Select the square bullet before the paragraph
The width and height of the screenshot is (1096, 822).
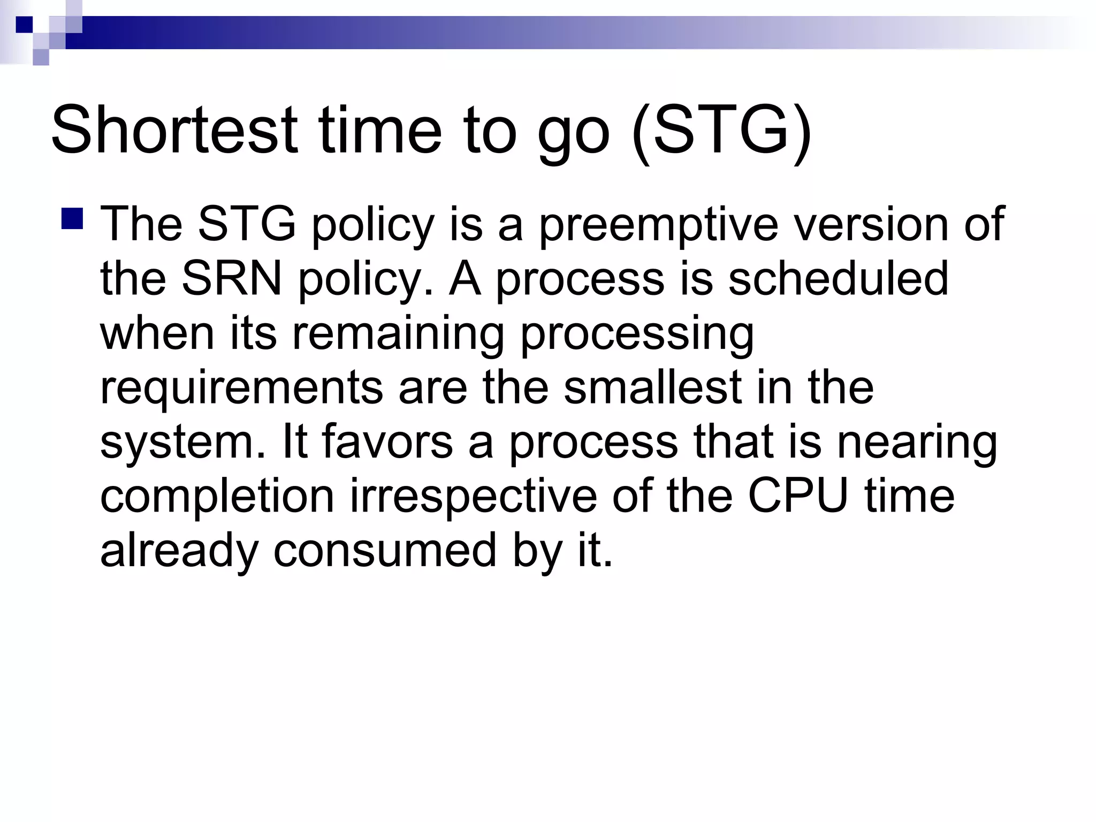[72, 219]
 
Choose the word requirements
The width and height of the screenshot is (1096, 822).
[241, 389]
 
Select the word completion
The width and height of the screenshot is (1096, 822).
[217, 498]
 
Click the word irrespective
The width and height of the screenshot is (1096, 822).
[473, 498]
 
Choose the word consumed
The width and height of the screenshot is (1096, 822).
[385, 551]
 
